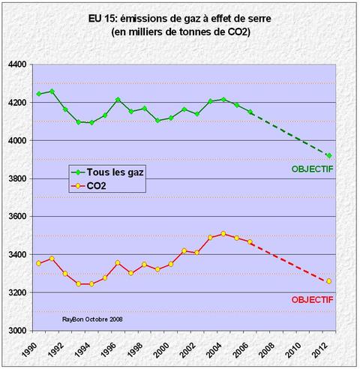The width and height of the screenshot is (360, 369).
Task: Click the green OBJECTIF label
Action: (x=313, y=169)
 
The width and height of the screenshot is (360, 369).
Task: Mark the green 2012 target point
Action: (x=328, y=155)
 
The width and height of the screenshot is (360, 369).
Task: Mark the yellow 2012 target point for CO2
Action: (x=328, y=281)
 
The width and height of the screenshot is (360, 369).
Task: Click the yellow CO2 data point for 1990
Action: (x=38, y=263)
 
